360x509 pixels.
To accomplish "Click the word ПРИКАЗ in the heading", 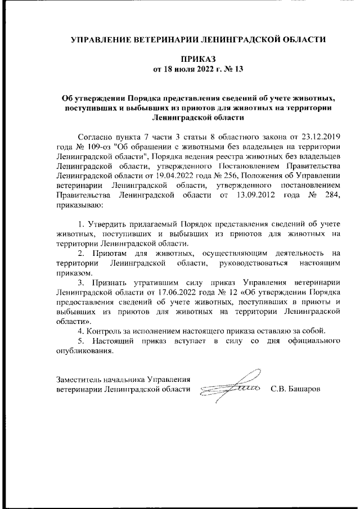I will point(197,59).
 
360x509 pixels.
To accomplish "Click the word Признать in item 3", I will point(109,282).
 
